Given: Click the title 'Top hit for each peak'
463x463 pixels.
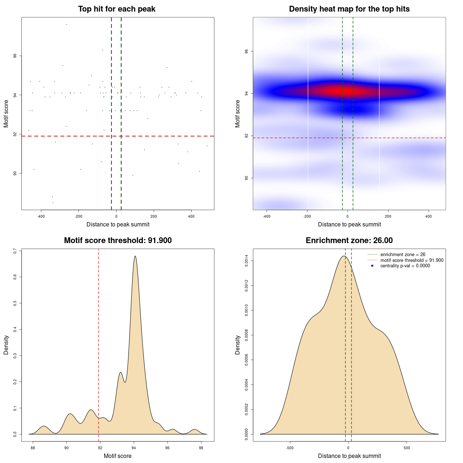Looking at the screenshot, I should tap(117, 9).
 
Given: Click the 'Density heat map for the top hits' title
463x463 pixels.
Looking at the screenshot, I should tap(349, 9).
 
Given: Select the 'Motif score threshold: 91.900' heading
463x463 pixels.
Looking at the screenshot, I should tap(118, 241).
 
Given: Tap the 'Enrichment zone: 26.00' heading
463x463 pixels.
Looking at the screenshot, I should tap(349, 241).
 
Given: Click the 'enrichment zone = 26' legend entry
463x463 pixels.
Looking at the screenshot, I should tap(403, 255).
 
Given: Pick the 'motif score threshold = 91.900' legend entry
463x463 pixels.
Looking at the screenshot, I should tap(412, 260).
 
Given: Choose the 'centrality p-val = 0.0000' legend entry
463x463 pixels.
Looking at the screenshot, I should tap(405, 266).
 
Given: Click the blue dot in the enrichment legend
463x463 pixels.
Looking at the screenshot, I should tap(372, 266).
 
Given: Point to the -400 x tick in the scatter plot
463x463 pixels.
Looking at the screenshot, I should tap(41, 216).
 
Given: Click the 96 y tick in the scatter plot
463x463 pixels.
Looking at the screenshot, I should tap(15, 56).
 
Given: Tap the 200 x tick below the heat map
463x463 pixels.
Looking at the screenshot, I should tap(388, 216).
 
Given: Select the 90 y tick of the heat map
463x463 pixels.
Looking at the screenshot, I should tap(247, 178).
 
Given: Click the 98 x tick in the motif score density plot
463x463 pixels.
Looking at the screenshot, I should tap(201, 448).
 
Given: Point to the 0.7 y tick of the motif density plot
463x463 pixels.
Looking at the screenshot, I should tap(15, 251).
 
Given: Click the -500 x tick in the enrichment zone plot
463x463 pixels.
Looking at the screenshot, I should tap(290, 448).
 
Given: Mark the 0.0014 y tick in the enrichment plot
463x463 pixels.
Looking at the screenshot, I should tap(247, 261).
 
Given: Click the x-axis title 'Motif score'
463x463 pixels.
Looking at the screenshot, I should tap(118, 456).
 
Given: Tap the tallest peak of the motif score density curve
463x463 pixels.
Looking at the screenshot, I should tap(135, 256).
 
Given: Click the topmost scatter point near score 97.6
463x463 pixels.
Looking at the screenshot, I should tap(67, 24).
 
